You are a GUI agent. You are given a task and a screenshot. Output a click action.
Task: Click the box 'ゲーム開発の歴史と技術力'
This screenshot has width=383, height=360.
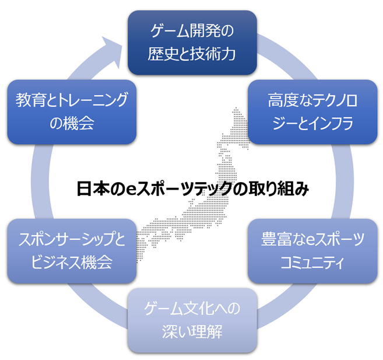point(192,42)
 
